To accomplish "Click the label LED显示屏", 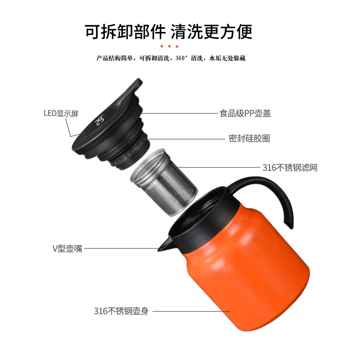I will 61,113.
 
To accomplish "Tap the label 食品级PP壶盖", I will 245,113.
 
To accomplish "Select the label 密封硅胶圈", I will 249,139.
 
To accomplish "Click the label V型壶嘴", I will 67,248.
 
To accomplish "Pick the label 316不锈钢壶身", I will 121,311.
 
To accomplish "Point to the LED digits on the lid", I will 100,121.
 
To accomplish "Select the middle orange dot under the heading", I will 170,46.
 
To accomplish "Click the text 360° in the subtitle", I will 182,58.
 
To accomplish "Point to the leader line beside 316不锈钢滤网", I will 220,168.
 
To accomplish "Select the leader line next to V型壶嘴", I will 121,248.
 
